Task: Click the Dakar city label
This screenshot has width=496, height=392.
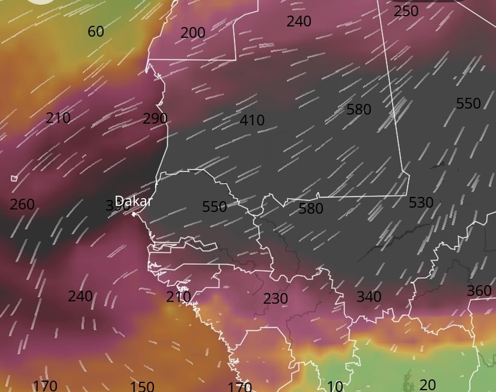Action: click(x=134, y=201)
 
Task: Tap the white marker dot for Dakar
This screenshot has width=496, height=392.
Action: click(x=133, y=214)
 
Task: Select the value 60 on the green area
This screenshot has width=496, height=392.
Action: click(x=96, y=32)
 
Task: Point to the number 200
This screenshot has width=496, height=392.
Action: click(x=192, y=33)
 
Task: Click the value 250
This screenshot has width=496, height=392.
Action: click(x=406, y=11)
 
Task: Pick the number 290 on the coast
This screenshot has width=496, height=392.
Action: click(x=155, y=119)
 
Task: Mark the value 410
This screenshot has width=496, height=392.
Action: click(x=252, y=120)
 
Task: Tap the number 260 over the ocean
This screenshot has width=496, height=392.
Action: click(x=22, y=205)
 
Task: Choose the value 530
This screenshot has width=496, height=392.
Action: click(x=421, y=203)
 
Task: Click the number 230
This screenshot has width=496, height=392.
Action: click(x=275, y=299)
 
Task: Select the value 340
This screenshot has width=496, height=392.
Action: click(x=369, y=297)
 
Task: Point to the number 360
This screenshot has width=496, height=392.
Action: click(x=479, y=291)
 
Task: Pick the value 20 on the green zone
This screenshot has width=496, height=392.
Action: click(x=427, y=385)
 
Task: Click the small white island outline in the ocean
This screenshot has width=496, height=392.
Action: click(x=14, y=178)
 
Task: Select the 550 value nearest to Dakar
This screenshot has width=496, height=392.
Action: click(x=215, y=207)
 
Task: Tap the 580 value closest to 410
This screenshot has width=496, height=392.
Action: click(x=359, y=110)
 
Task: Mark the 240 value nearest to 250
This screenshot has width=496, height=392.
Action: click(x=299, y=22)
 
